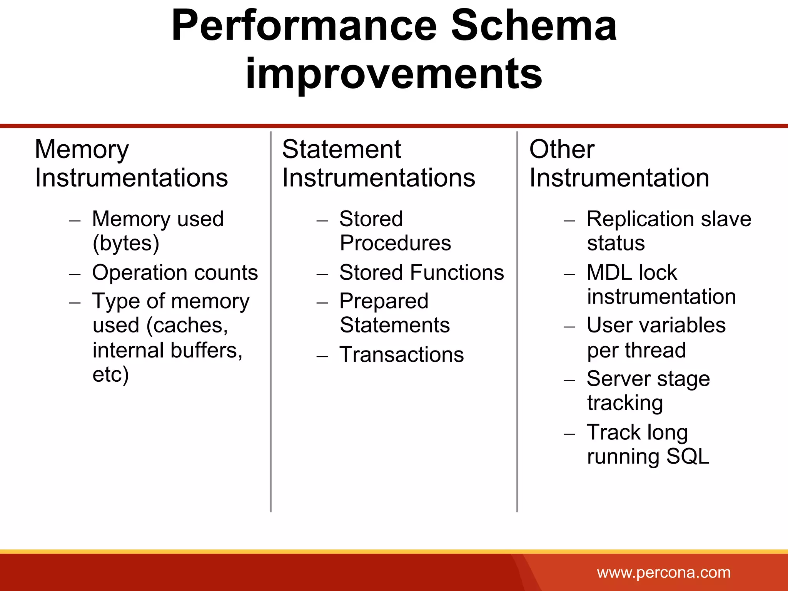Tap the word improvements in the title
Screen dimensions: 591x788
394,73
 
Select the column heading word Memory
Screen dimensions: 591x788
82,149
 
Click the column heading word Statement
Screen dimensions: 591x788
341,149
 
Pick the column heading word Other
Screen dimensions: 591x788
562,149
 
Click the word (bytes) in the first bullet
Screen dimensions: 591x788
126,243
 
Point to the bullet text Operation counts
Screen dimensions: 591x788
175,272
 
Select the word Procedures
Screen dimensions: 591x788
395,243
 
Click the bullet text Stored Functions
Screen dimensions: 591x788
421,272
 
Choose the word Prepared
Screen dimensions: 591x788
384,301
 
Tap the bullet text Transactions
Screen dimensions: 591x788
401,354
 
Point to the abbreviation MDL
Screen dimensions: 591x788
607,272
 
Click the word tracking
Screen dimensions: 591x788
625,403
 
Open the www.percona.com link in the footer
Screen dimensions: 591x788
663,573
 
